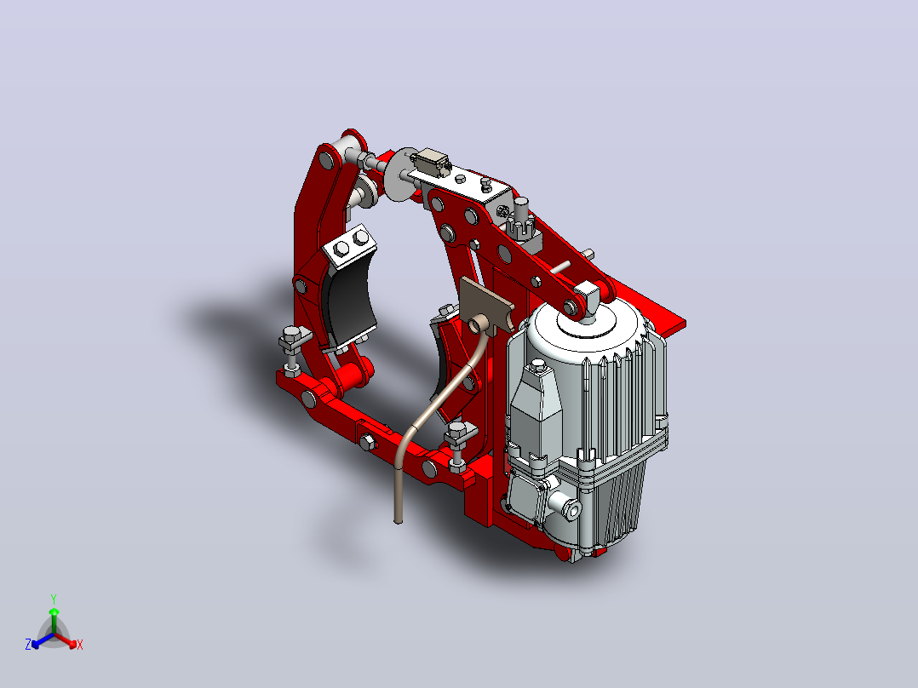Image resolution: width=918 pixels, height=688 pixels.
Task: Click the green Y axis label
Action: [54, 599]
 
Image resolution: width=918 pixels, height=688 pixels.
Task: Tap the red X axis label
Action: [80, 645]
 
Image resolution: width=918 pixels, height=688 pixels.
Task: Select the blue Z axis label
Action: [28, 644]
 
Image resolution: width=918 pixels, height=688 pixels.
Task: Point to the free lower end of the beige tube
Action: [399, 520]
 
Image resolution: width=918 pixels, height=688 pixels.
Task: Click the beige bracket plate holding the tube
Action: [486, 305]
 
